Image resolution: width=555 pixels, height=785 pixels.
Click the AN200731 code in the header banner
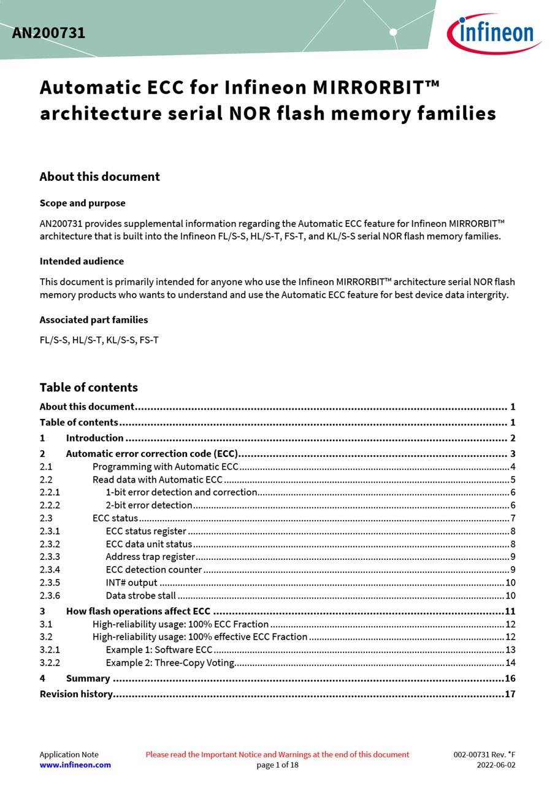coord(48,33)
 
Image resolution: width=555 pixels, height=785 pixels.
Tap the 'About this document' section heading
coord(99,177)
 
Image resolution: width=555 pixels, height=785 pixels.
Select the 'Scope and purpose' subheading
coord(82,203)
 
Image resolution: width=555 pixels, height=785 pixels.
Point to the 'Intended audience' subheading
coord(82,261)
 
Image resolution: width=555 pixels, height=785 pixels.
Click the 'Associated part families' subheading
coord(94,320)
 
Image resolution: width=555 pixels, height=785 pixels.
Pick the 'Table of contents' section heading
coord(88,387)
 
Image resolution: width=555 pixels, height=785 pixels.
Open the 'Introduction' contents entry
coord(94,438)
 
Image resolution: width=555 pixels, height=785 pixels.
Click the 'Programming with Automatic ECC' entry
coord(165,467)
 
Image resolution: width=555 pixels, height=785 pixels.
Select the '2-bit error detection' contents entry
coord(149,505)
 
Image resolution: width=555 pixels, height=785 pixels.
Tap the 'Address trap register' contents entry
coord(150,557)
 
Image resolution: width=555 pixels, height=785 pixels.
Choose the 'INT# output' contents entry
coord(131,583)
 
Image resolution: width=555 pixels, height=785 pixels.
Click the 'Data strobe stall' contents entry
coord(140,595)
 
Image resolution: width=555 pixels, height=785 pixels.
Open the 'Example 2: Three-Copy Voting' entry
coord(170,662)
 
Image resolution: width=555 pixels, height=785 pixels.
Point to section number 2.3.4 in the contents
coord(50,570)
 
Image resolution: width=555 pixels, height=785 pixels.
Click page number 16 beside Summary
coord(510,678)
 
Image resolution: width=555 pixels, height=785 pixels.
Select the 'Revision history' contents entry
coord(76,694)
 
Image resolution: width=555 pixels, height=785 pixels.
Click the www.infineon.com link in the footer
coord(75,765)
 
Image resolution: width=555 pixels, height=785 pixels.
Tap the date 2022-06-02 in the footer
coord(496,765)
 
